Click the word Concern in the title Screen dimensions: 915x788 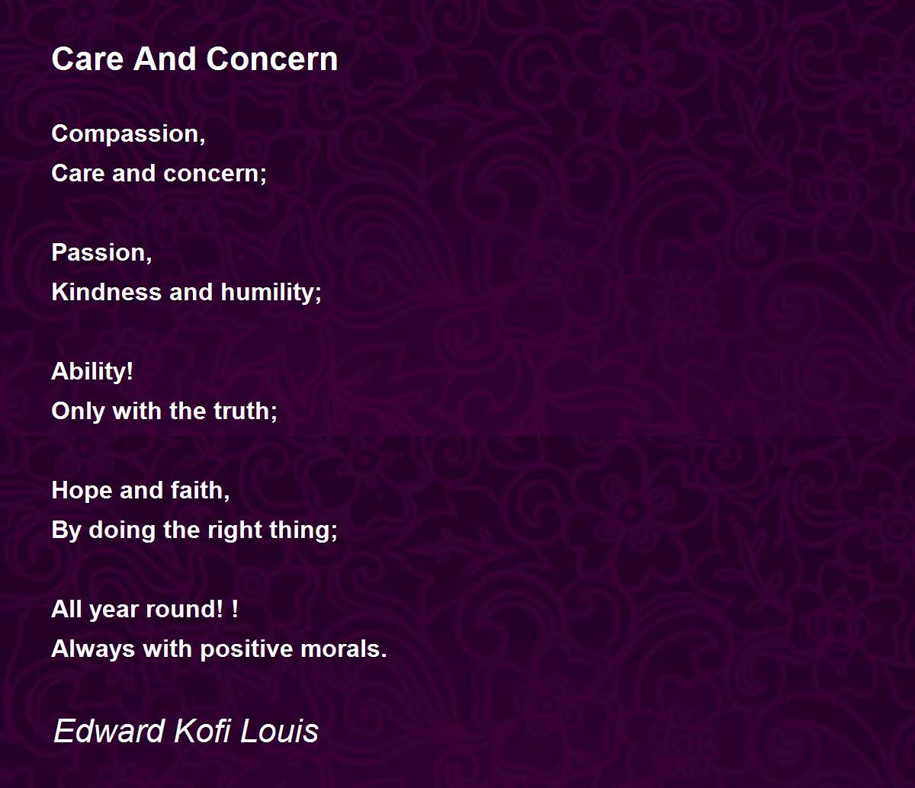coord(271,59)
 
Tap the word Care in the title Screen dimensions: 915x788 coord(87,59)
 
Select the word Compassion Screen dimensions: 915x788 coord(128,134)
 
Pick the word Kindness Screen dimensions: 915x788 coord(106,292)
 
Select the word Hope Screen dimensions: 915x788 coord(82,491)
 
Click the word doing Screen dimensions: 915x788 coord(122,531)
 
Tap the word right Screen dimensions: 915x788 coord(235,531)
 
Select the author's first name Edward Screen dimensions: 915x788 coord(109,731)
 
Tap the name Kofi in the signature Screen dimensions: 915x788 coord(203,731)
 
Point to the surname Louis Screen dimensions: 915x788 coord(279,731)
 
